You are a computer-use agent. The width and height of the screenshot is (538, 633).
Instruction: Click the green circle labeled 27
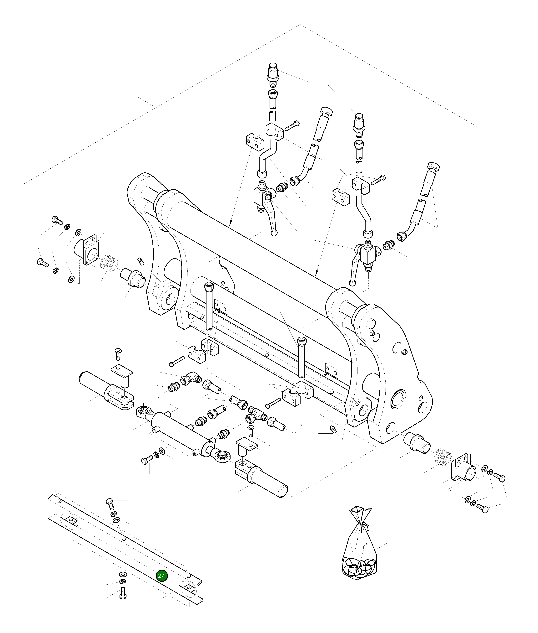click(x=161, y=576)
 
